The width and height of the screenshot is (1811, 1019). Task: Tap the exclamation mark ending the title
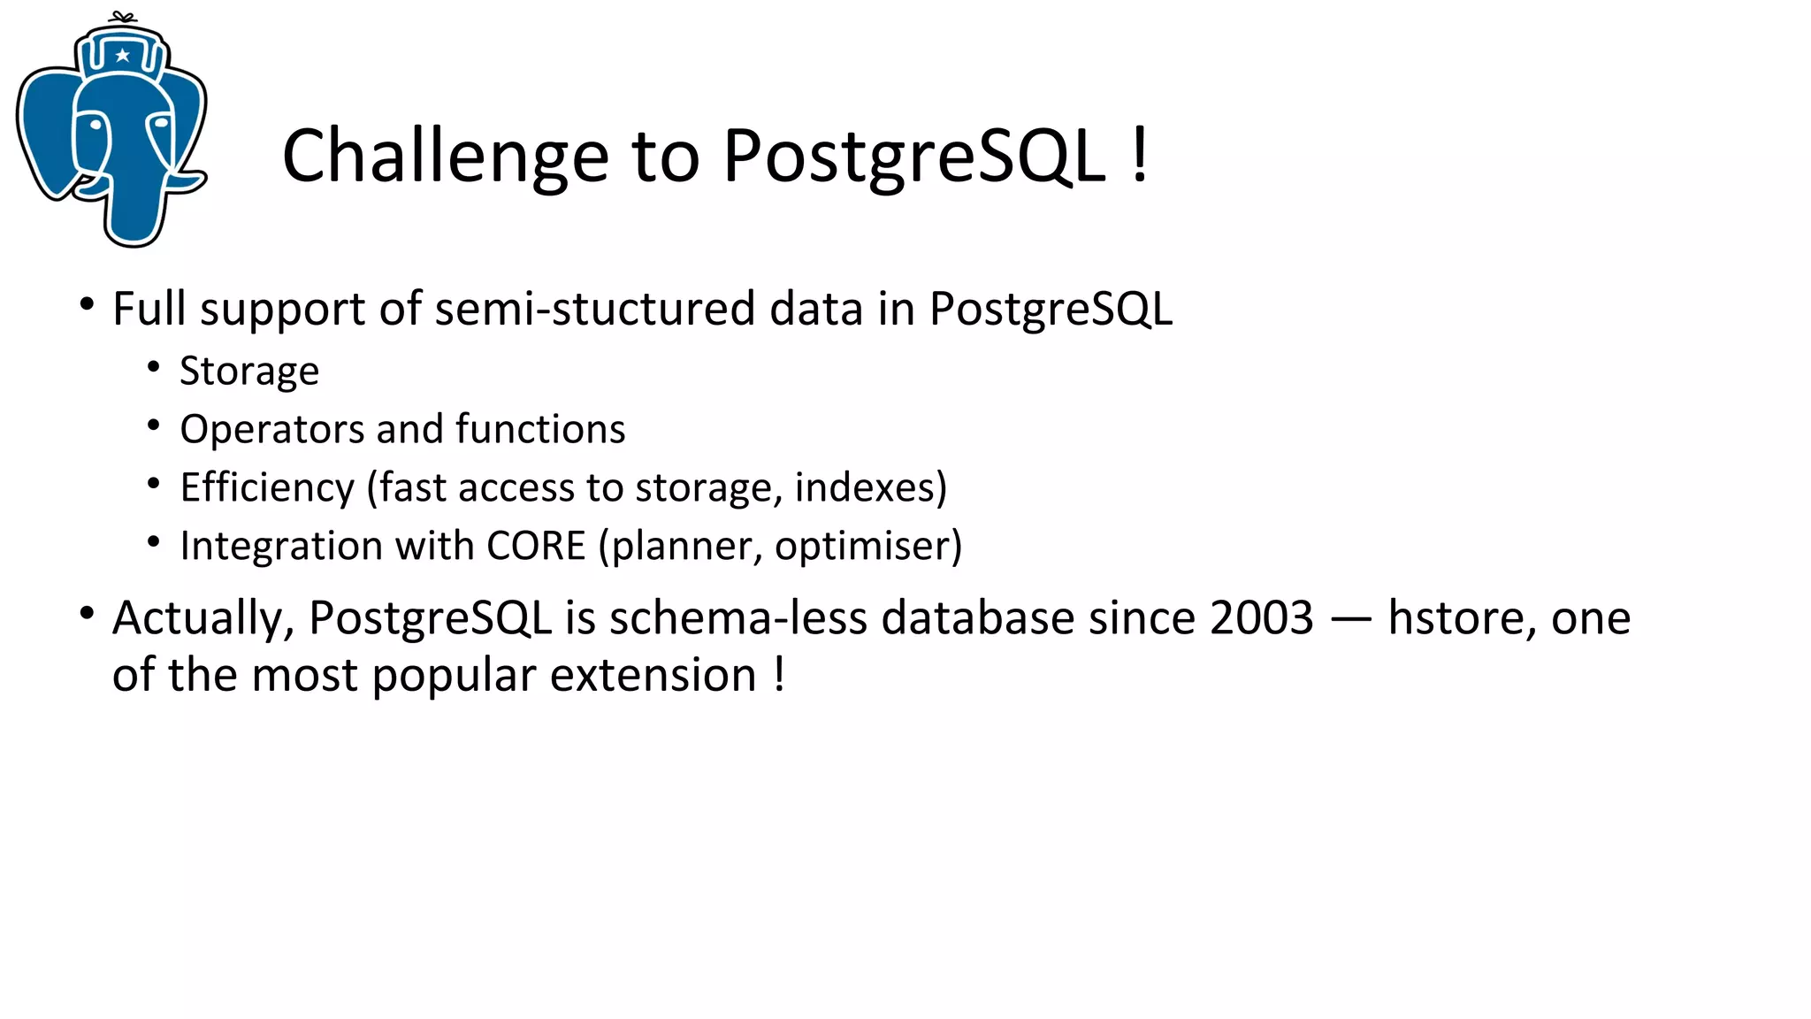pos(1140,155)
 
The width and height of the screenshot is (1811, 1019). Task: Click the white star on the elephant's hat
pos(123,56)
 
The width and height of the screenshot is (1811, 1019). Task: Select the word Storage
pos(249,372)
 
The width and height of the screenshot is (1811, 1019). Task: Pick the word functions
pos(540,429)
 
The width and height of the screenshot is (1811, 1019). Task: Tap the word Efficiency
pos(267,487)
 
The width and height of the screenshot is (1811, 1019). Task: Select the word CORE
pos(536,546)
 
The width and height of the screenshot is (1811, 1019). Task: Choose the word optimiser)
pos(867,546)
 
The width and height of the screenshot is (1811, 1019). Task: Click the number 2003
pos(1261,617)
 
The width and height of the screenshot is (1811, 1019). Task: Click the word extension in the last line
pos(653,676)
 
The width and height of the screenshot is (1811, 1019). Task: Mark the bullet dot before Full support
pos(86,305)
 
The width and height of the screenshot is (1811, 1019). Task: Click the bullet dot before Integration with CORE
pos(154,542)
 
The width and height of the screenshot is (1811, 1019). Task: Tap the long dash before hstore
pos(1350,619)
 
